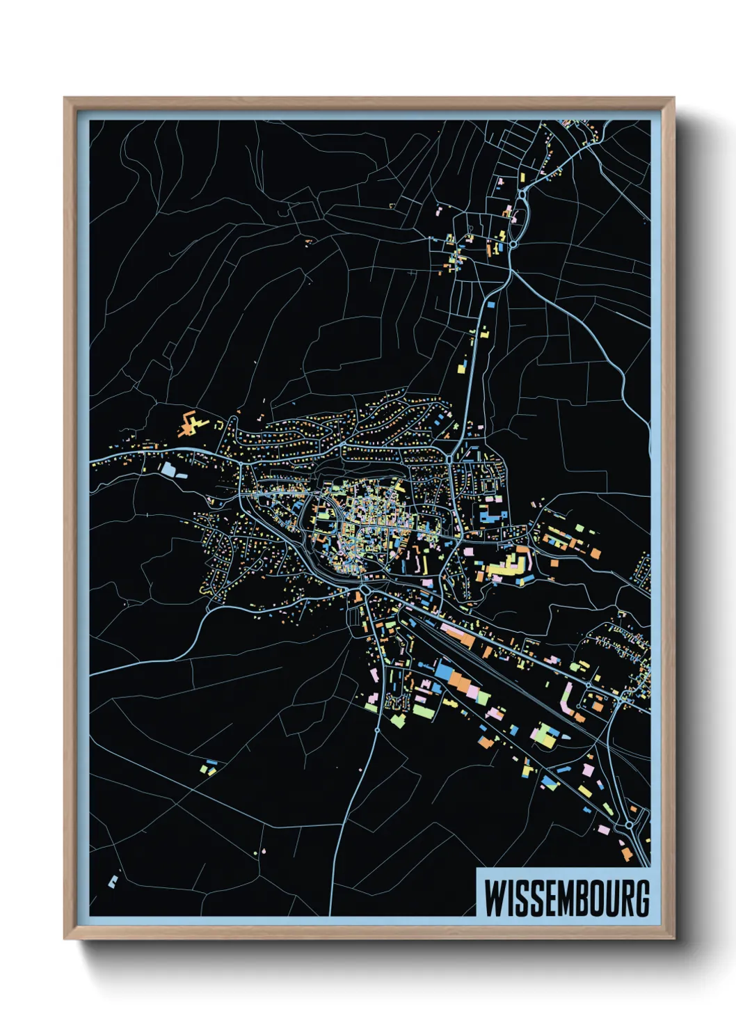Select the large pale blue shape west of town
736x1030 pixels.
[169, 469]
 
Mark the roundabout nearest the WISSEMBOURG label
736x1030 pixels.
[629, 825]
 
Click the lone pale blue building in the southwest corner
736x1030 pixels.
[113, 881]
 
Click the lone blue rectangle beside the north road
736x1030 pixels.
[490, 304]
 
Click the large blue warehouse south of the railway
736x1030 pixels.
[445, 670]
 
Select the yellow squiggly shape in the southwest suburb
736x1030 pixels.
[204, 589]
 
